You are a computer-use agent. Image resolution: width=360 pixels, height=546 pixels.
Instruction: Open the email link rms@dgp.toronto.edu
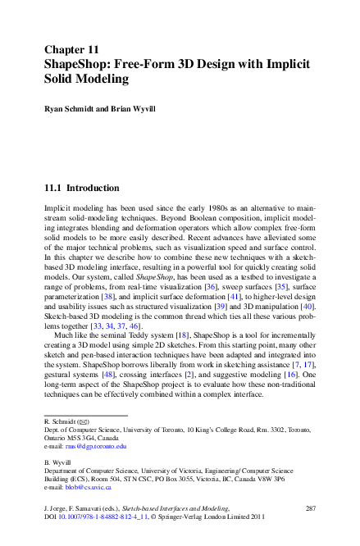coord(97,446)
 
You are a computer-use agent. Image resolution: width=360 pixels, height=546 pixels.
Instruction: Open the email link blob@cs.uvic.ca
coord(89,486)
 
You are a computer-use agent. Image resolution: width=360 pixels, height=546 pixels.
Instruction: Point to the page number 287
coord(310,509)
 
